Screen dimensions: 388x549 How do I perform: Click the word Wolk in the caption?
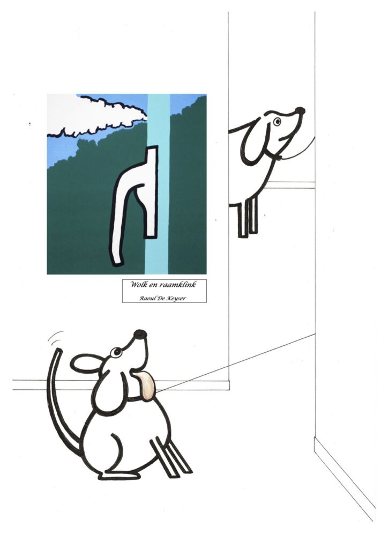(137, 284)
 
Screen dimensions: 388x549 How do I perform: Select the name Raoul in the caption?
(146, 299)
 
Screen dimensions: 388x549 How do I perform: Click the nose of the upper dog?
(300, 111)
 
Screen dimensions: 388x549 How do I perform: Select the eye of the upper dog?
(278, 122)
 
